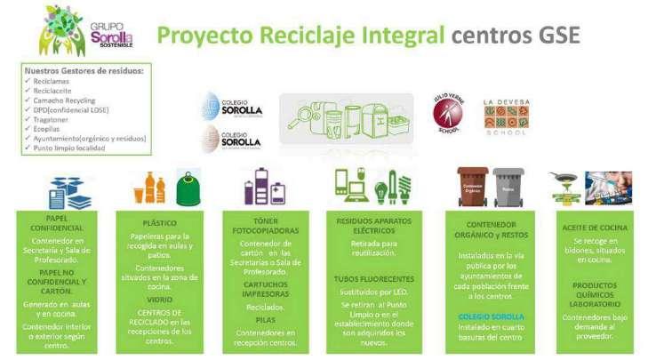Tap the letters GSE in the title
pos(557,36)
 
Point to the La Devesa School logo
pos(504,113)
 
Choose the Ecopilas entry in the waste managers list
pos(50,129)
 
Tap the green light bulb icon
pos(383,189)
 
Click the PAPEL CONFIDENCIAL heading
pos(56,222)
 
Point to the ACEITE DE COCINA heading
pos(595,228)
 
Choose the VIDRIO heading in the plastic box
pos(160,300)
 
